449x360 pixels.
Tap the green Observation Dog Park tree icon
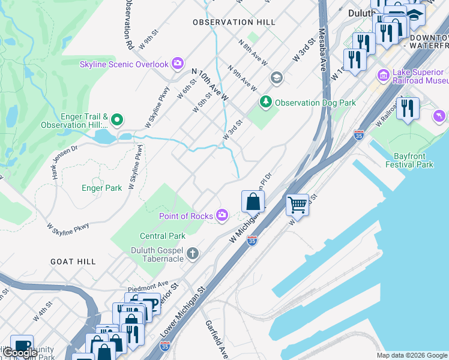266,103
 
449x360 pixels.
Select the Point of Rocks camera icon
223,215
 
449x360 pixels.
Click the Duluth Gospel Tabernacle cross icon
192,253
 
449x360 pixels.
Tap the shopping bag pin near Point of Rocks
253,202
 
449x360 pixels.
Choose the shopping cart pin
297,205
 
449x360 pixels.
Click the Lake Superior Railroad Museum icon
383,76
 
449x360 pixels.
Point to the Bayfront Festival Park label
409,160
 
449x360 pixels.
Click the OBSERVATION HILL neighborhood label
234,22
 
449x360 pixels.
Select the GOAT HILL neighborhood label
73,262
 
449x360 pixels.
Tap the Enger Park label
101,188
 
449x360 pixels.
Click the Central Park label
163,236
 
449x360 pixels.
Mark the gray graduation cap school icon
276,77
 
